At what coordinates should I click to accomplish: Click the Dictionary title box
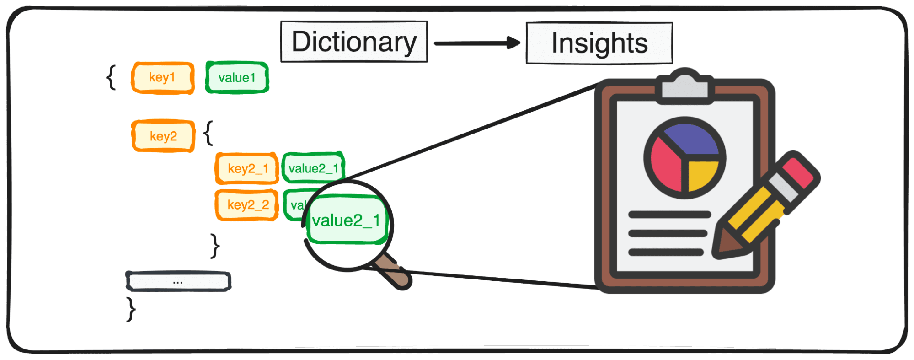[354, 42]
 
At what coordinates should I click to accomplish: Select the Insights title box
[599, 43]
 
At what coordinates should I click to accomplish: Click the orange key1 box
[163, 78]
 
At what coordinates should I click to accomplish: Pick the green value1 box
[237, 78]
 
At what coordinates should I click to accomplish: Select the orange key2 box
[163, 136]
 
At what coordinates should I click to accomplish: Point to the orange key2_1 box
[247, 168]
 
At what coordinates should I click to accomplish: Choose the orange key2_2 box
[247, 205]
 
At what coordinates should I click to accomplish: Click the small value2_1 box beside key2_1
[313, 168]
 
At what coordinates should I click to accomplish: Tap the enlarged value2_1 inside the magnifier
[347, 220]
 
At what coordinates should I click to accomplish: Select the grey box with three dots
[178, 281]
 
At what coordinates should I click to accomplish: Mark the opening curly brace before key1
[111, 77]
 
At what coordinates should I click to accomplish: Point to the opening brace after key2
[208, 133]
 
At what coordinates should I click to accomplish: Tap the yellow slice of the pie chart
[702, 174]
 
